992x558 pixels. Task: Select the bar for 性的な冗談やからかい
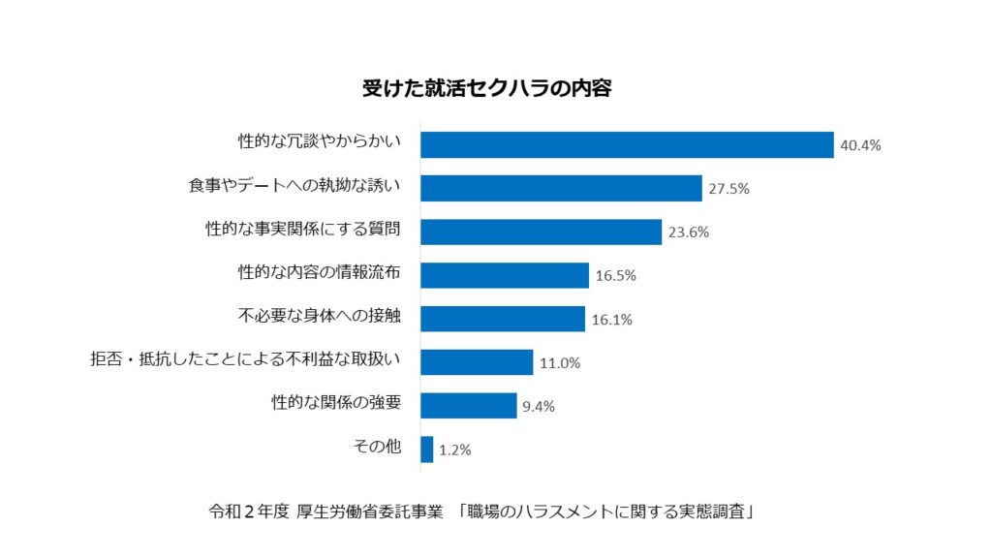[627, 144]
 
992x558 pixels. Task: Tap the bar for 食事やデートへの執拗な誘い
[561, 188]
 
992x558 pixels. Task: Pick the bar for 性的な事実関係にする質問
[541, 232]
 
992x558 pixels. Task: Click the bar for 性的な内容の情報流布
[505, 275]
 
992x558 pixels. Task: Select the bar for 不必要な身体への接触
[503, 319]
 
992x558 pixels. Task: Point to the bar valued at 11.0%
[477, 362]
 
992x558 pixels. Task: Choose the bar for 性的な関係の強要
[469, 406]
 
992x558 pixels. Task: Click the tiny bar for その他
[427, 449]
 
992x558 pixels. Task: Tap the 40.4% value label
[860, 145]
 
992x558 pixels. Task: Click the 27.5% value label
[728, 189]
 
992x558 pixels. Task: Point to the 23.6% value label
[689, 232]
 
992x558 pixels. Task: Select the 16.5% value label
[616, 276]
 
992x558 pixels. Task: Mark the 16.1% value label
[612, 320]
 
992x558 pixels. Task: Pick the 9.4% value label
[539, 407]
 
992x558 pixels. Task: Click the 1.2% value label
[455, 450]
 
